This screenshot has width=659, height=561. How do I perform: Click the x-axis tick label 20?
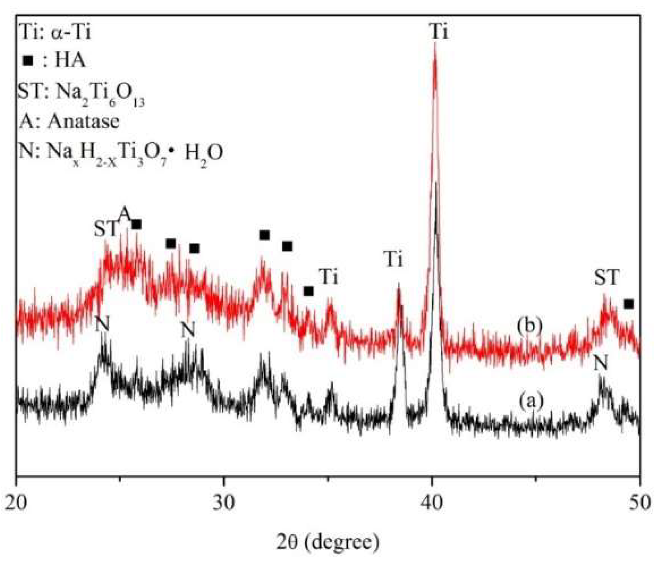16,503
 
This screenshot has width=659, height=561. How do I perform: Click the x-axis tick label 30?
224,503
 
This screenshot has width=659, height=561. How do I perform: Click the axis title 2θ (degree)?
328,542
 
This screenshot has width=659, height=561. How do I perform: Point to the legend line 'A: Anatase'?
69,122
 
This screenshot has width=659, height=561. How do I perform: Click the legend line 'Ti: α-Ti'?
55,32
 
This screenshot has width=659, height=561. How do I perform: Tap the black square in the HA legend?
28,61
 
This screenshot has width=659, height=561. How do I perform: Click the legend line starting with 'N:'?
121,152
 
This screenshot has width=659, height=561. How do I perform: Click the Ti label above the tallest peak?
439,32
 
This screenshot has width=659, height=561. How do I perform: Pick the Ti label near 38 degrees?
393,259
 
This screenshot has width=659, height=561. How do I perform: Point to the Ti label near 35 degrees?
328,277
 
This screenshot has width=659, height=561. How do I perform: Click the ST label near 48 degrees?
607,277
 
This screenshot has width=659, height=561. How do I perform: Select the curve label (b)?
529,325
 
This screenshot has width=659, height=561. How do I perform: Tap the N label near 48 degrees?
600,363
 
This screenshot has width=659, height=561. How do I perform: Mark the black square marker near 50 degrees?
629,304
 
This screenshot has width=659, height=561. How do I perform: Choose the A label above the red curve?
125,213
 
